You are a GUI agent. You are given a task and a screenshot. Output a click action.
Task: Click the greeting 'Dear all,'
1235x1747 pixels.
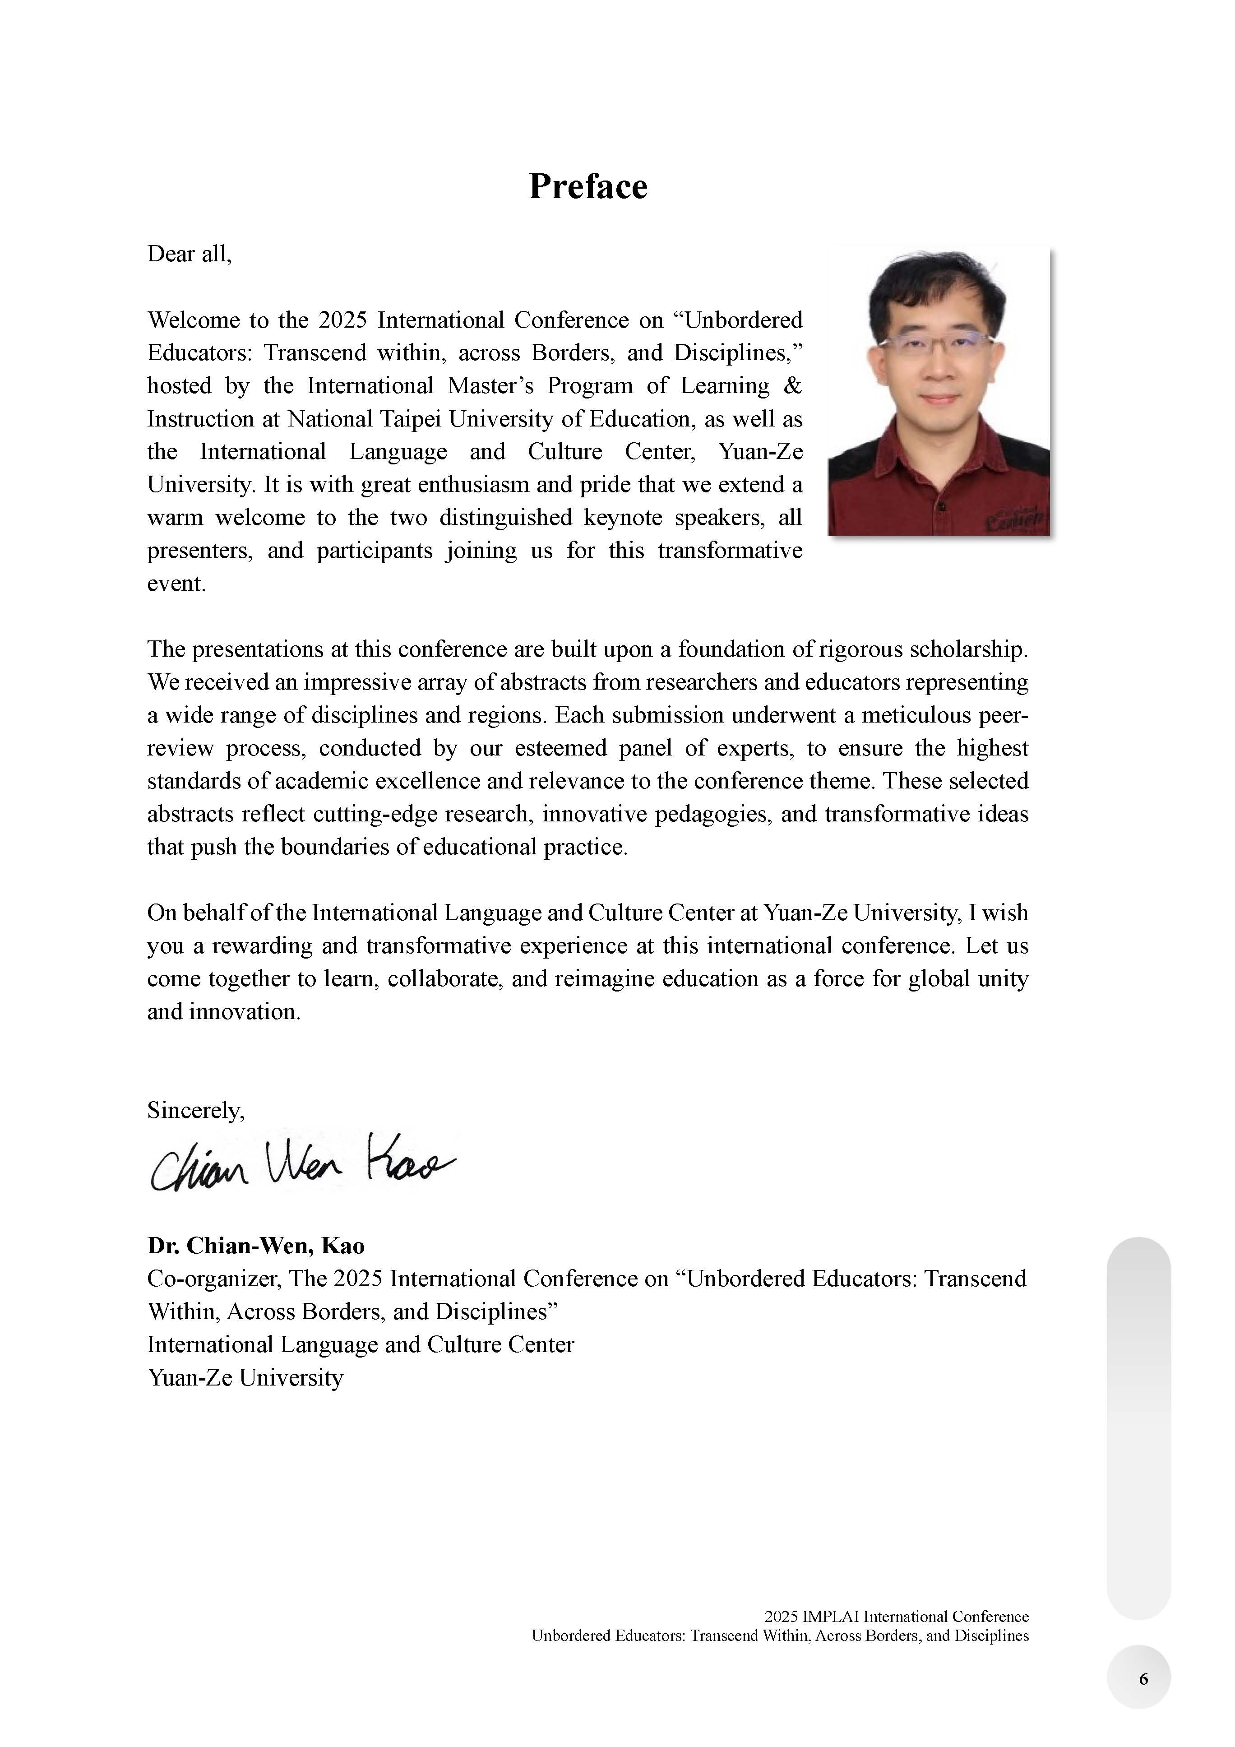pos(189,254)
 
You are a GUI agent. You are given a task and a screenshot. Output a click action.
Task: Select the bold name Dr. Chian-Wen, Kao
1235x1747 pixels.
pos(256,1246)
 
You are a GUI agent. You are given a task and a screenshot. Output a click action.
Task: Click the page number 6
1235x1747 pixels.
pos(1143,1679)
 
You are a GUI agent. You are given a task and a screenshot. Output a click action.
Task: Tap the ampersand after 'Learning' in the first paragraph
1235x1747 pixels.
pos(792,386)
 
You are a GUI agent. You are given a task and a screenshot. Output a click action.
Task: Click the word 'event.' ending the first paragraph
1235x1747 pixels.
pos(176,584)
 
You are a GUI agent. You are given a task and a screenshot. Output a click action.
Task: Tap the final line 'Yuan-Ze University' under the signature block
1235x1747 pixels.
pos(245,1377)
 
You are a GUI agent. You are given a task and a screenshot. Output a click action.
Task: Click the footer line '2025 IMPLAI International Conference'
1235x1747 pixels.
pos(897,1616)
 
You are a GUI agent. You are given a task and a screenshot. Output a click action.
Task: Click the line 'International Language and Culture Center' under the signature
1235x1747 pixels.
pos(360,1344)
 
